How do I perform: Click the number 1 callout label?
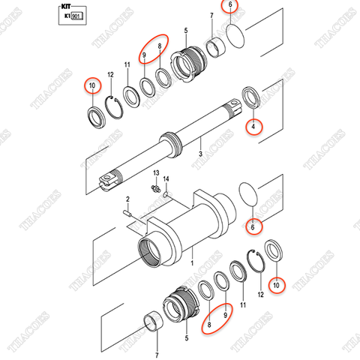[x=191, y=264]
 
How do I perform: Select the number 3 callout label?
[x=200, y=154]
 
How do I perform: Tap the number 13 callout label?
[x=155, y=173]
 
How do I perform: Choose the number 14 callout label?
[x=167, y=179]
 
